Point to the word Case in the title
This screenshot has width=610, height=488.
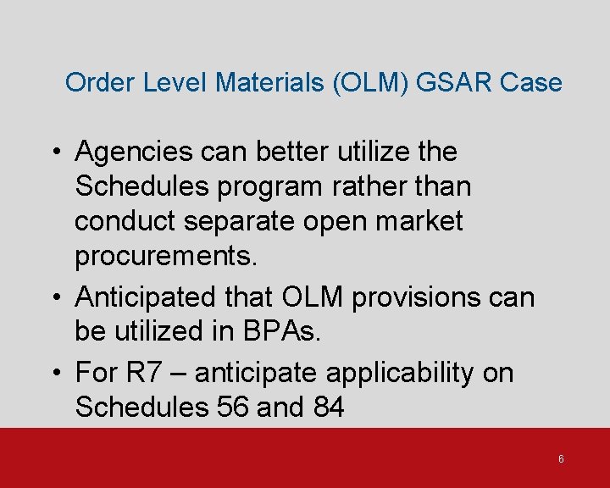point(530,83)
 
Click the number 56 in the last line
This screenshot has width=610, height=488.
point(230,408)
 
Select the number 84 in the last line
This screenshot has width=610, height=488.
point(329,408)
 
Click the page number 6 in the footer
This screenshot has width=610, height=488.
point(561,459)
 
